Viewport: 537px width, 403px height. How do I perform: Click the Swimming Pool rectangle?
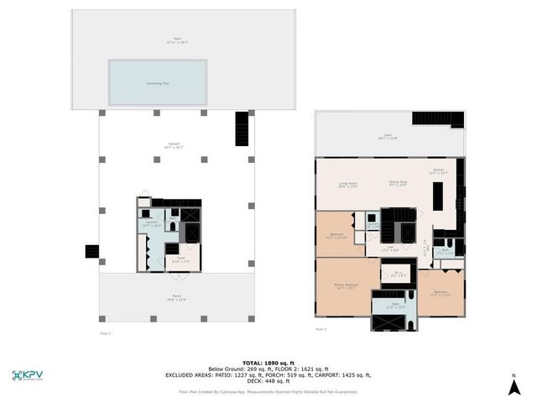[x=158, y=82]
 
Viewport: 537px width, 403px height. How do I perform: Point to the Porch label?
[x=175, y=298]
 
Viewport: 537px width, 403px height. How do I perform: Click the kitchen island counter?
[x=436, y=198]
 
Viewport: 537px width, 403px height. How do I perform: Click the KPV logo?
[x=29, y=374]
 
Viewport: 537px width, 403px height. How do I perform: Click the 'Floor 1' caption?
[x=105, y=332]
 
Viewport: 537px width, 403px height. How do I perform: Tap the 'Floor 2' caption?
[x=321, y=329]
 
